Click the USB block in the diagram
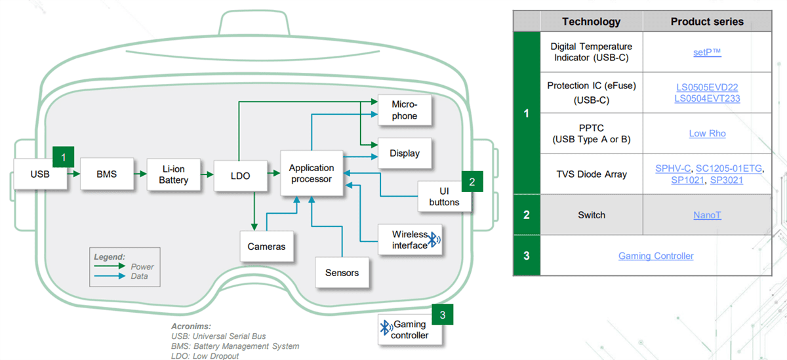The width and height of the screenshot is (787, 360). [41, 174]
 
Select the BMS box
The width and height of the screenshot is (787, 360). [106, 174]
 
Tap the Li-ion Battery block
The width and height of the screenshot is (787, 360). [173, 174]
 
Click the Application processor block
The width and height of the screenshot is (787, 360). [312, 173]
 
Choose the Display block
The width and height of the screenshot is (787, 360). [404, 153]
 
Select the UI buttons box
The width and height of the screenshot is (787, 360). [444, 196]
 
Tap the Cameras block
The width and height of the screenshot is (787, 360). [266, 247]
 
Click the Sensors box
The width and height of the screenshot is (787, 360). [342, 272]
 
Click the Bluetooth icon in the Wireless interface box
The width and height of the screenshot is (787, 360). [434, 241]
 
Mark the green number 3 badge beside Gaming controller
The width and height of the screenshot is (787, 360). [443, 315]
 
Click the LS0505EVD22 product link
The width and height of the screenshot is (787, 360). [707, 87]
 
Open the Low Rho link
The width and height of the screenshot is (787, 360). [707, 133]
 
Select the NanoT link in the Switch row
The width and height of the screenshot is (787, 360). [707, 215]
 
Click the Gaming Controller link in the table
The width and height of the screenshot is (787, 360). [656, 256]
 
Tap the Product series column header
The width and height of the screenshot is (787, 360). [707, 22]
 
